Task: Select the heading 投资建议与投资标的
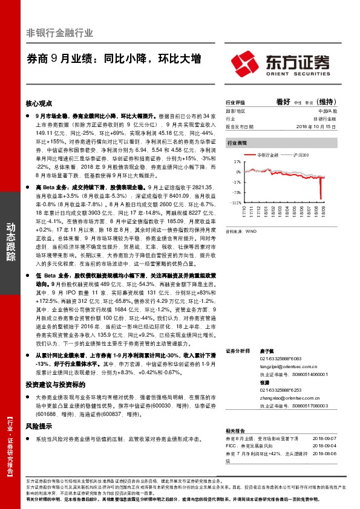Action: click(x=55, y=384)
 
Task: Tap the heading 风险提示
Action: click(x=39, y=427)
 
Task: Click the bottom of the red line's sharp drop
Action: click(x=321, y=198)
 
